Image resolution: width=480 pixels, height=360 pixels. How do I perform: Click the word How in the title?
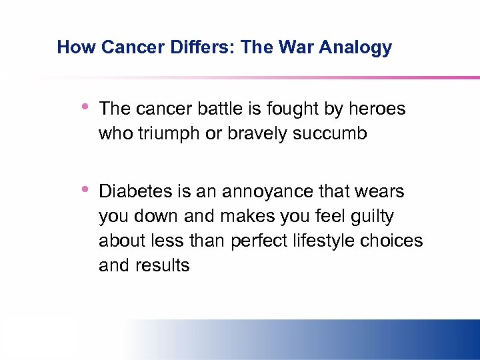tap(72, 47)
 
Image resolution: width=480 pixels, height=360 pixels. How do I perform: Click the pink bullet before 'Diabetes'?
tap(85, 190)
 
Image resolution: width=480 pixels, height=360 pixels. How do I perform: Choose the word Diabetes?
tap(135, 191)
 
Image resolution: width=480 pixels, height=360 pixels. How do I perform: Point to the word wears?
tap(380, 191)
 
